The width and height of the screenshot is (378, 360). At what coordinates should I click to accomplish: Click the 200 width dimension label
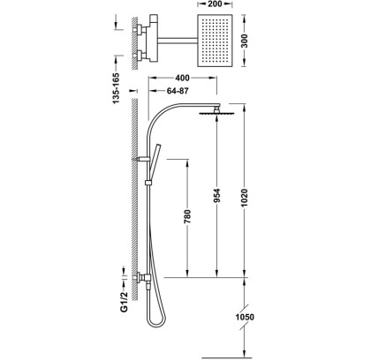214,4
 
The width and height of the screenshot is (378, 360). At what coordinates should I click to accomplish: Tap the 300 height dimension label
246,41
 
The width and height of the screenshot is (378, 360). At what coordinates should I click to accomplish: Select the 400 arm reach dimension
182,78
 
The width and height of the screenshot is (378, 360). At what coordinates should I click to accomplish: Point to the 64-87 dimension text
178,91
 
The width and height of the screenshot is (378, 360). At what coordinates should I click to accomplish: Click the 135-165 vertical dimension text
117,88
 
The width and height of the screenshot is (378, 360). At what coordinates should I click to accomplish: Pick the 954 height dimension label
216,196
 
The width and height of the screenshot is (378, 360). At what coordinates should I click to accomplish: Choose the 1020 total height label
245,198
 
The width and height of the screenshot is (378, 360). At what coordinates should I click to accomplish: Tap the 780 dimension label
187,216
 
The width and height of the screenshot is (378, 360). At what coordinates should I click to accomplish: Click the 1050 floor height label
245,317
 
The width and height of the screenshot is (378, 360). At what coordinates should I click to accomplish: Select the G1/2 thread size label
125,302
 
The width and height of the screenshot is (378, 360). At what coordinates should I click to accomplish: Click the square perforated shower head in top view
215,41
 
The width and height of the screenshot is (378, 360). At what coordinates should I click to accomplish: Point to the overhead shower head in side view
217,113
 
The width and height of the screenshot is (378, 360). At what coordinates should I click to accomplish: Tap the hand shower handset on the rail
154,161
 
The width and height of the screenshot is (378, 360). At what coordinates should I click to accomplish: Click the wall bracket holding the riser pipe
141,159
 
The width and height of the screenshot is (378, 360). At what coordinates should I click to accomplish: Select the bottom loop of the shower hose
156,321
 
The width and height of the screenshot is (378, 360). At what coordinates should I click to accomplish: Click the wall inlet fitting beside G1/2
142,277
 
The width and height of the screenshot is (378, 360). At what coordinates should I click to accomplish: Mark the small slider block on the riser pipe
148,183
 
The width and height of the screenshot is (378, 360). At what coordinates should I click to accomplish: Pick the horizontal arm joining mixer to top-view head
178,41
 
